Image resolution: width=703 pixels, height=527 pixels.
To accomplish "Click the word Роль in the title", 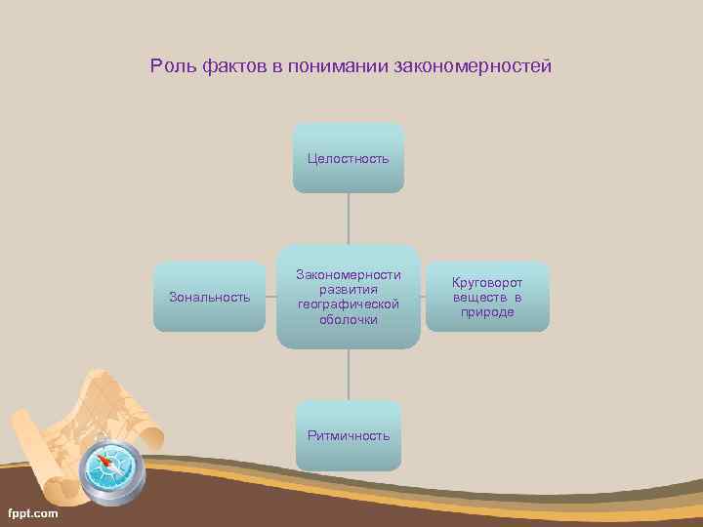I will tap(169, 66).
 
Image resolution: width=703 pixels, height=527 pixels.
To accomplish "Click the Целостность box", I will tap(348, 157).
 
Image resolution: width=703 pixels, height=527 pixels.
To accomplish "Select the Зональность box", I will tap(209, 297).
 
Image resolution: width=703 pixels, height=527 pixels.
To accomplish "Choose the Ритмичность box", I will tap(348, 435).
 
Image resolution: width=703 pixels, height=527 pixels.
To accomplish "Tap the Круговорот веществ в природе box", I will tap(487, 297).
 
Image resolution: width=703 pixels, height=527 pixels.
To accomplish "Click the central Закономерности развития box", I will tap(348, 297).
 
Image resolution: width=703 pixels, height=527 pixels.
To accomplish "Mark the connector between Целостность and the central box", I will tap(349, 218).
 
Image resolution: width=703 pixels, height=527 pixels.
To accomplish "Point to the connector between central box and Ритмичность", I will tap(349, 374).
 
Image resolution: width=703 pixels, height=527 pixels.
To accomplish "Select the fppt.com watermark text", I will tap(32, 513).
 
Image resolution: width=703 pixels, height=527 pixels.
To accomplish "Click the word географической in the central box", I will tap(348, 304).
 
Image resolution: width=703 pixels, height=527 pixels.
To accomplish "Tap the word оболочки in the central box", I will tap(348, 319).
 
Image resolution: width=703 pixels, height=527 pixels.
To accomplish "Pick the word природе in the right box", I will tap(487, 312).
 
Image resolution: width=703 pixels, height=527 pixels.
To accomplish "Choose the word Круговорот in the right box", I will tap(487, 282).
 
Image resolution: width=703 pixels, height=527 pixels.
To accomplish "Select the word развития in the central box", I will tap(348, 290).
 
